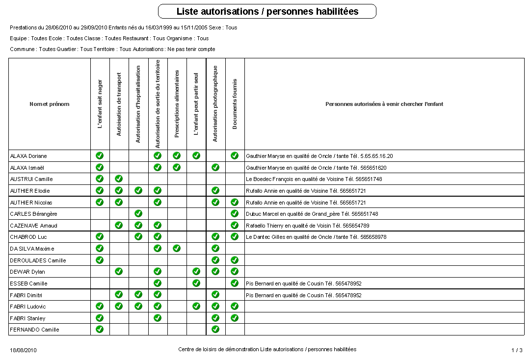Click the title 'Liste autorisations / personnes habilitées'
(x=267, y=11)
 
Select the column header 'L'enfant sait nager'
(x=100, y=104)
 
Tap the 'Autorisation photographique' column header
(x=215, y=104)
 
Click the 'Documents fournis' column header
(x=235, y=104)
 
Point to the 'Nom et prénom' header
(x=49, y=104)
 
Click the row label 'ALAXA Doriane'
(x=28, y=156)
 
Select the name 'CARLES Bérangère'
(x=33, y=214)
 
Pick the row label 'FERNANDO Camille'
(x=34, y=330)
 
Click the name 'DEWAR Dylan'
(x=27, y=272)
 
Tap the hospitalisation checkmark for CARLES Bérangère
(x=138, y=213)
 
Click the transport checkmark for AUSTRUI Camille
(x=119, y=179)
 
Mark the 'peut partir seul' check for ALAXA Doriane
(x=196, y=155)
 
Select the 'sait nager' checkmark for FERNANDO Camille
(x=100, y=329)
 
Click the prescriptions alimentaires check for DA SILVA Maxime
(x=177, y=248)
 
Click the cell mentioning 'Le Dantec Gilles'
(x=316, y=237)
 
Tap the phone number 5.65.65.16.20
(x=376, y=156)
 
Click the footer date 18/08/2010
(x=23, y=350)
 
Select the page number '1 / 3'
(x=517, y=350)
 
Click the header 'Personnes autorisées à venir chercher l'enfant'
(x=384, y=104)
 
